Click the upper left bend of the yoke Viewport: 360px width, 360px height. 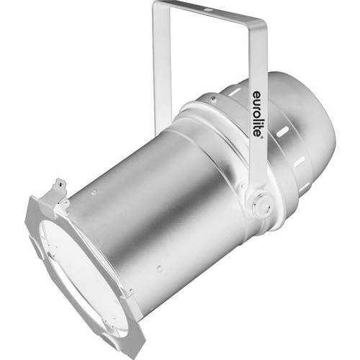point(157,9)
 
